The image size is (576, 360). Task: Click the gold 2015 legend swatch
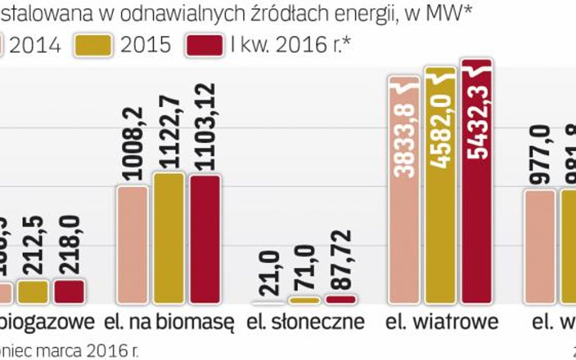tap(94, 44)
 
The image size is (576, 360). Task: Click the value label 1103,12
tap(205, 134)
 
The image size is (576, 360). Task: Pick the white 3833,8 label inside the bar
tap(403, 131)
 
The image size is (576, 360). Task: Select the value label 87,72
tap(341, 260)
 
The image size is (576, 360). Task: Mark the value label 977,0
tap(540, 154)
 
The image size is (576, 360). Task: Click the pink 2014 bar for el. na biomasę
tap(132, 245)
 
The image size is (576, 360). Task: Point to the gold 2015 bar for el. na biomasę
tap(168, 238)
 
